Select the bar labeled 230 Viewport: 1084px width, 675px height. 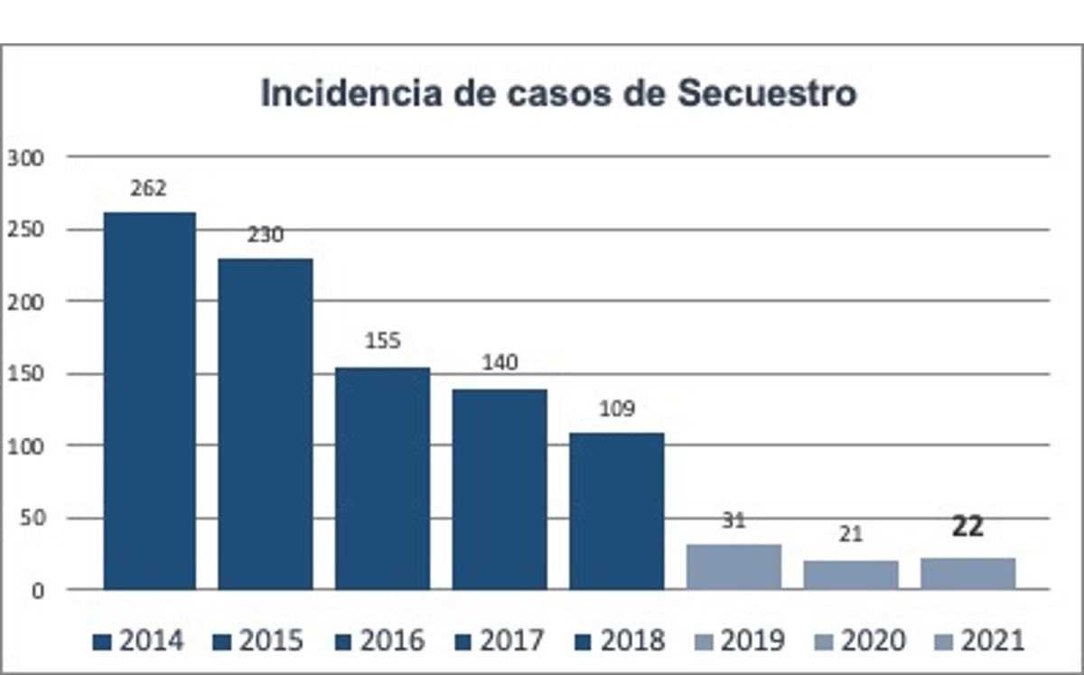click(x=266, y=424)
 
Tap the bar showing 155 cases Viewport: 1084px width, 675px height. click(x=383, y=478)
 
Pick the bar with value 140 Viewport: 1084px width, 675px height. click(x=500, y=489)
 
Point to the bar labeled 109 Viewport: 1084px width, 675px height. click(x=617, y=511)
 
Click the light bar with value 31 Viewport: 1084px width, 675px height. click(x=734, y=567)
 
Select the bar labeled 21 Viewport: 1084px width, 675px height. click(x=851, y=575)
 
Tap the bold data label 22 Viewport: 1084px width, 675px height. click(x=967, y=528)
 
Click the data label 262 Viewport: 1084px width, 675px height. click(x=149, y=189)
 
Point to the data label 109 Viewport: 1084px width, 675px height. click(x=617, y=408)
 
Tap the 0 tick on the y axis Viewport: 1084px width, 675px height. click(x=37, y=591)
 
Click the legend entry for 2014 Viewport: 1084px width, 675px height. click(x=140, y=642)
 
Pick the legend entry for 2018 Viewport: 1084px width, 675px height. click(x=621, y=642)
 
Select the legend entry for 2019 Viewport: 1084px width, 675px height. click(x=741, y=642)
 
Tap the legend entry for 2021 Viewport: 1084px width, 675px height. click(x=981, y=642)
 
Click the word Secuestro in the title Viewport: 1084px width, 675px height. click(x=767, y=93)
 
